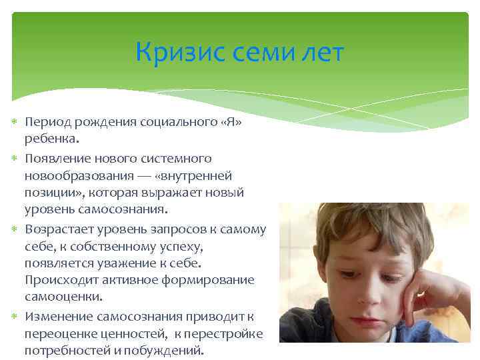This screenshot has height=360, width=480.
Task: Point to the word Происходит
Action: (59, 281)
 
